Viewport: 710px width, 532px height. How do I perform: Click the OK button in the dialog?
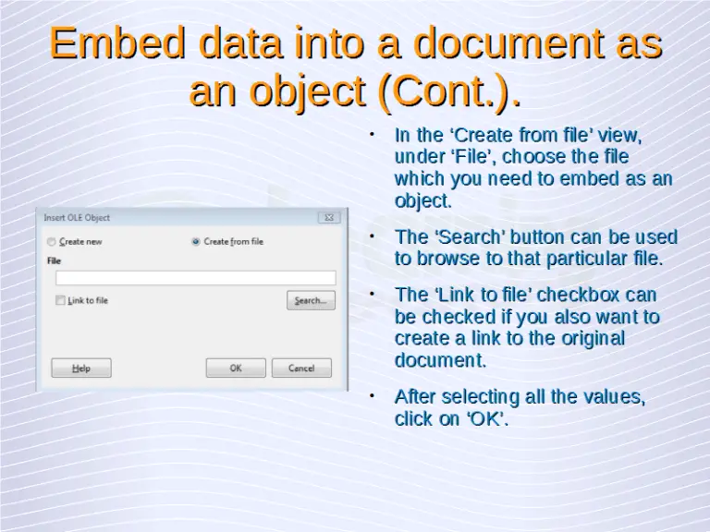coord(236,368)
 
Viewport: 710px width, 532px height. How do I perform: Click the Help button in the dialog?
coord(81,368)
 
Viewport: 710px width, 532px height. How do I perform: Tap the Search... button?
coord(310,300)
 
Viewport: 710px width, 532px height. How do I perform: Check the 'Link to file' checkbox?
coord(60,300)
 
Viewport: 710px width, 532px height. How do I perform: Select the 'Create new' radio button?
coord(51,242)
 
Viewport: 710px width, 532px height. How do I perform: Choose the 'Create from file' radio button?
coord(196,242)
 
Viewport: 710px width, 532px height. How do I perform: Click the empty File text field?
coord(195,278)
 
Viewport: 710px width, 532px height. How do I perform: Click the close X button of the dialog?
coord(328,218)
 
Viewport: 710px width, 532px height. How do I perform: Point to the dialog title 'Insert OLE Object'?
coord(77,218)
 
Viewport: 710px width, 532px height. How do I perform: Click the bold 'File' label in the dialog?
coord(54,261)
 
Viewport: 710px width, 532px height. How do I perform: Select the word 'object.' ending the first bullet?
coord(423,200)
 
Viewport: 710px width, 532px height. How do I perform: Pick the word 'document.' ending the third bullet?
coord(440,359)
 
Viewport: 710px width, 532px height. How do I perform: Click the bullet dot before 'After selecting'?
coord(372,395)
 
